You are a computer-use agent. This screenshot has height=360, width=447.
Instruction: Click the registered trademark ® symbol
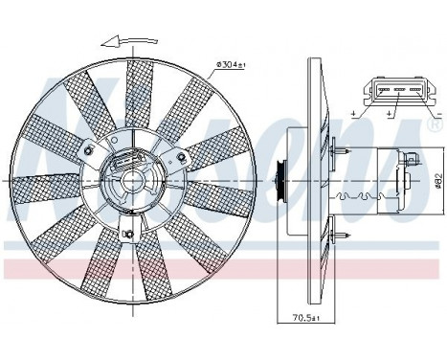tap(436, 124)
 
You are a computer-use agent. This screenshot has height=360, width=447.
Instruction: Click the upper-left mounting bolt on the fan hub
tap(89, 151)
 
